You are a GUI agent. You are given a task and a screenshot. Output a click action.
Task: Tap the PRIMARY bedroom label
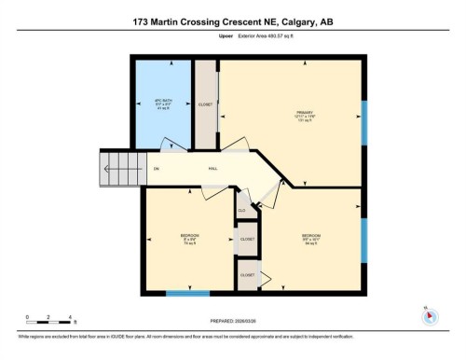(290, 116)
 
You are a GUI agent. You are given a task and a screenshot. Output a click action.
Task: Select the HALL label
(213, 169)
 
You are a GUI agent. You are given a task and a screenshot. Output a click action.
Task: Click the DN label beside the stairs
(157, 169)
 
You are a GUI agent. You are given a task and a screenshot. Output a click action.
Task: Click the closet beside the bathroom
(205, 104)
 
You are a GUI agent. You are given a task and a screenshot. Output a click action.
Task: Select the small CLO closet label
(241, 211)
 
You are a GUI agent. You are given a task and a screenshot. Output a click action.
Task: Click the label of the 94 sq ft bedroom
(311, 237)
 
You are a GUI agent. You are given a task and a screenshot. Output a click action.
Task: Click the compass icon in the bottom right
(430, 315)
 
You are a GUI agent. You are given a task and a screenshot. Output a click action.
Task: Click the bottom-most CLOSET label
(247, 275)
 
